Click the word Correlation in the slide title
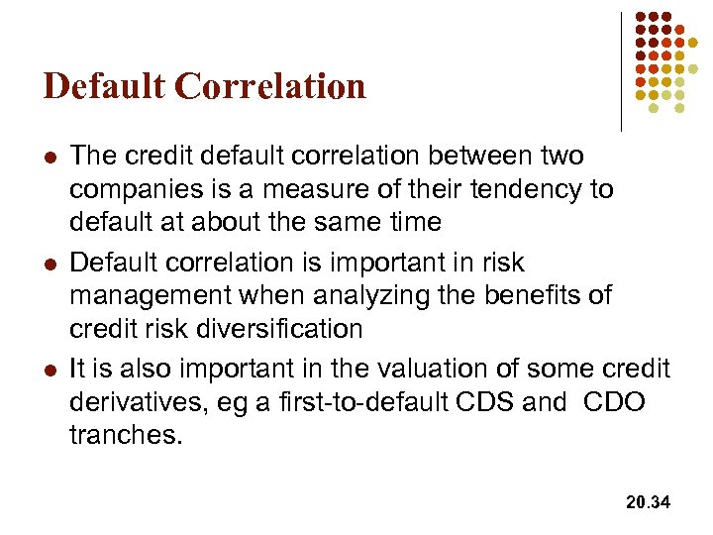point(270,86)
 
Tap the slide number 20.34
point(648,503)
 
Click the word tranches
point(125,434)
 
